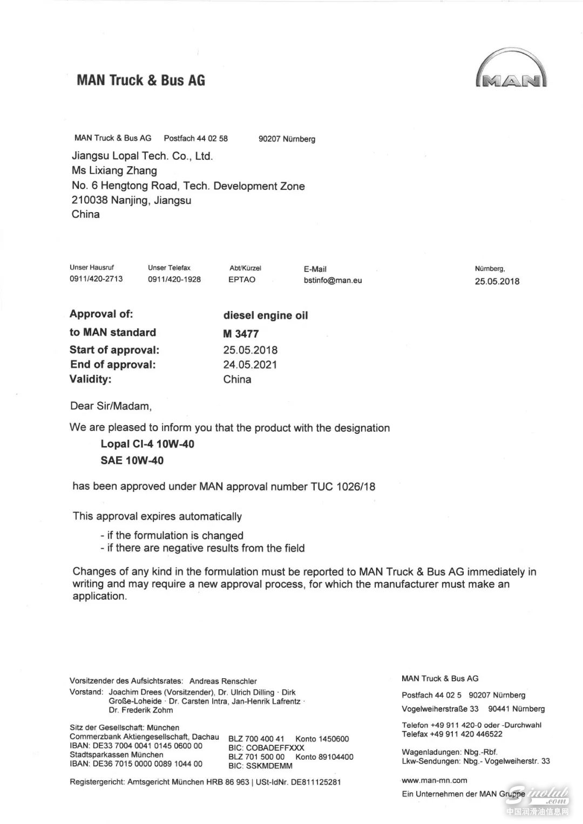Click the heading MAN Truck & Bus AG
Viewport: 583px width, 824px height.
click(x=141, y=80)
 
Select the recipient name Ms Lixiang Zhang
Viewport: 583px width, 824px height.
click(x=114, y=171)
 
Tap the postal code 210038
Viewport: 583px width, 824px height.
click(x=89, y=200)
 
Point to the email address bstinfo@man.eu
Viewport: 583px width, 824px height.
click(x=333, y=280)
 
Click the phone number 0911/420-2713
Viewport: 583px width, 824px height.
click(x=96, y=279)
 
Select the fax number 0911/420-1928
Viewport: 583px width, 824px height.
click(x=174, y=280)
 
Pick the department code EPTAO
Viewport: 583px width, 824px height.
click(x=242, y=280)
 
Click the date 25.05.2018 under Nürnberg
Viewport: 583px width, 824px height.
click(x=497, y=281)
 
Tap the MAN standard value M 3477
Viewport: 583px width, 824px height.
click(x=241, y=333)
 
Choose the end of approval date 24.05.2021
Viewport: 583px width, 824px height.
click(x=250, y=365)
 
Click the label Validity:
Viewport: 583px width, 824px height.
click(x=90, y=379)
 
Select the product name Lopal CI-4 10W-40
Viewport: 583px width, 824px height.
click(x=147, y=444)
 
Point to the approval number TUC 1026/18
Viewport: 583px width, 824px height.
click(x=342, y=486)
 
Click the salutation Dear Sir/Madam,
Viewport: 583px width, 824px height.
click(x=111, y=406)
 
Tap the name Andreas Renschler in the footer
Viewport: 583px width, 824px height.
click(x=223, y=681)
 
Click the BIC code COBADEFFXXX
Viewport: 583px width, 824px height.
click(x=266, y=748)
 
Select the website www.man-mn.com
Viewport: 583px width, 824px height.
click(x=435, y=780)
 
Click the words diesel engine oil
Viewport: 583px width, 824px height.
click(x=266, y=316)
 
